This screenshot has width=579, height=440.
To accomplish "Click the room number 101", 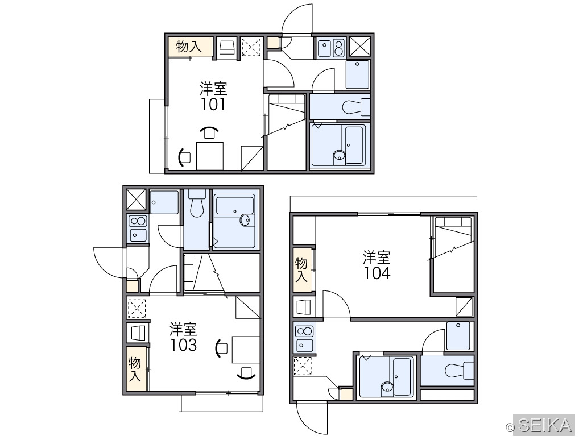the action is [x=213, y=105].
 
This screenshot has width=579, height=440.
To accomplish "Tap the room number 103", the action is [x=184, y=344].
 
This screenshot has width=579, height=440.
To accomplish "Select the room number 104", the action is [x=377, y=273].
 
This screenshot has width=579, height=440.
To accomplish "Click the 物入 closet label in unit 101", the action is [x=189, y=47].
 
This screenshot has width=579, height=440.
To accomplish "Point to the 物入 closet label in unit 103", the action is [x=135, y=370].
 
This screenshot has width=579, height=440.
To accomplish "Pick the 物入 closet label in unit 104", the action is [x=301, y=270].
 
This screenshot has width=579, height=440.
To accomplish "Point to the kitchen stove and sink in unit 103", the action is [x=138, y=229].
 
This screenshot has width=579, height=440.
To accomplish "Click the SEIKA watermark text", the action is [x=545, y=425].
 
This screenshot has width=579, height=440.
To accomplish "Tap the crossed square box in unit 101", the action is [x=359, y=47].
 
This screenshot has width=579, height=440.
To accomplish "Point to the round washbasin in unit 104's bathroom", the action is [x=387, y=387].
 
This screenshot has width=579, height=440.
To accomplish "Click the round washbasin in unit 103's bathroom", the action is [x=245, y=220].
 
